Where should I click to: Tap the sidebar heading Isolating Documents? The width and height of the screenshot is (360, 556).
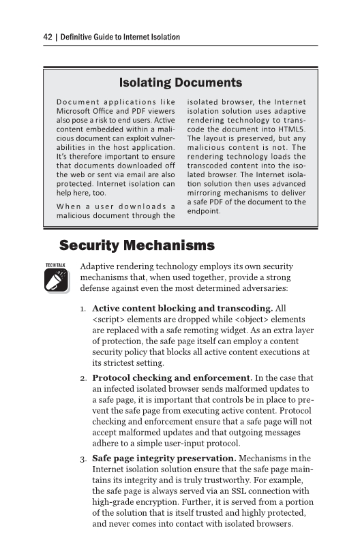pyautogui.click(x=181, y=83)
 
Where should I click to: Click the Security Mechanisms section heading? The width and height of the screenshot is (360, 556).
pyautogui.click(x=137, y=245)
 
